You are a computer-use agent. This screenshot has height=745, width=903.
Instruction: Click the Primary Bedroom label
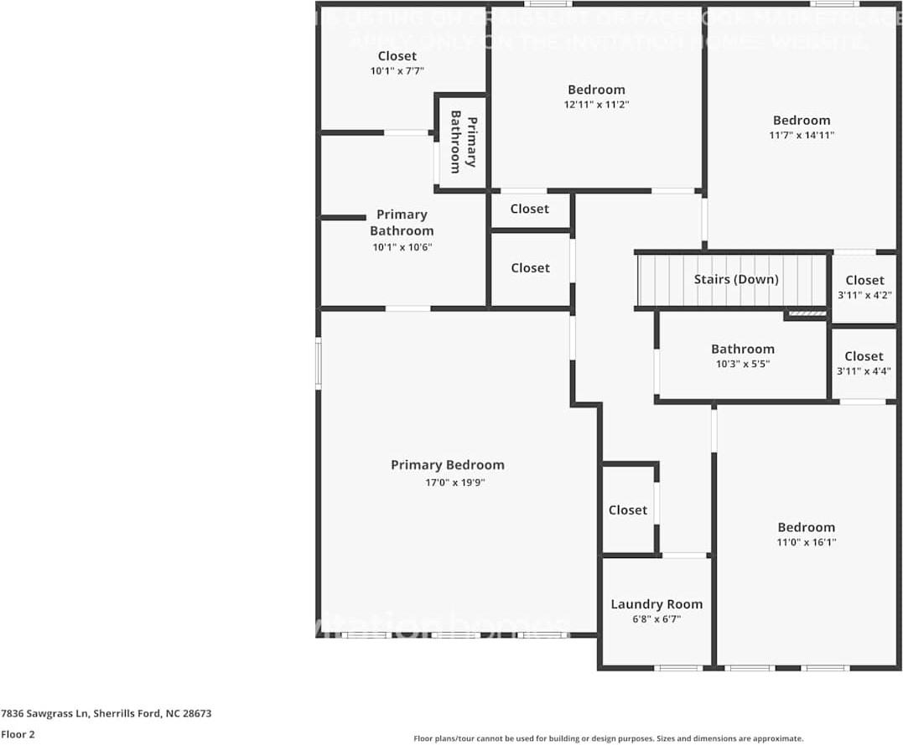tap(448, 465)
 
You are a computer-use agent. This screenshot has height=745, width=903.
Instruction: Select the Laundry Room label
tap(656, 604)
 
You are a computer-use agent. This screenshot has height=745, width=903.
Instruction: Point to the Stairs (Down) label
tap(736, 279)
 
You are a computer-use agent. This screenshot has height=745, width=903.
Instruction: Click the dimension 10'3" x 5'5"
tap(742, 365)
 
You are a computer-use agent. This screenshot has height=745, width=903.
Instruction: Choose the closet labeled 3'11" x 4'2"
tap(864, 287)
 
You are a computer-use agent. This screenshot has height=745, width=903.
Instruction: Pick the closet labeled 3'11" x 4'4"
tap(864, 363)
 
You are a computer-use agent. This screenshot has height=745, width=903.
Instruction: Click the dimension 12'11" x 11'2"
tap(596, 105)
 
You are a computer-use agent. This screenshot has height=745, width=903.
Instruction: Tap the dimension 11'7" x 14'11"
tap(802, 135)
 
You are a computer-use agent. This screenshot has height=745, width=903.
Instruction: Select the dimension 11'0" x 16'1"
tap(806, 542)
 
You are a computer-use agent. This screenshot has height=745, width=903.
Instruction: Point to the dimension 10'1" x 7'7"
tap(397, 71)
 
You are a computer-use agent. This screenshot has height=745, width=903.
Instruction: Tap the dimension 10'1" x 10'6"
tap(402, 246)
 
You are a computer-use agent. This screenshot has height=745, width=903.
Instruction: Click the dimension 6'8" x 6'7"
tap(656, 619)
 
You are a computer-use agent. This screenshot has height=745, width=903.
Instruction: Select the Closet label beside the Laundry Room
tap(628, 510)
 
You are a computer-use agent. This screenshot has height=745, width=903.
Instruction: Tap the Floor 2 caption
tap(18, 734)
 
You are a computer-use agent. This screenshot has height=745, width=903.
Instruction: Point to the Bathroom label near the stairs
tap(742, 349)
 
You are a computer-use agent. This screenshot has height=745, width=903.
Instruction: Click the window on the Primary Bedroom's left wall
tap(319, 362)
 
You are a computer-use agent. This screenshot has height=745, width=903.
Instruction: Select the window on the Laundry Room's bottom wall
tap(678, 668)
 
